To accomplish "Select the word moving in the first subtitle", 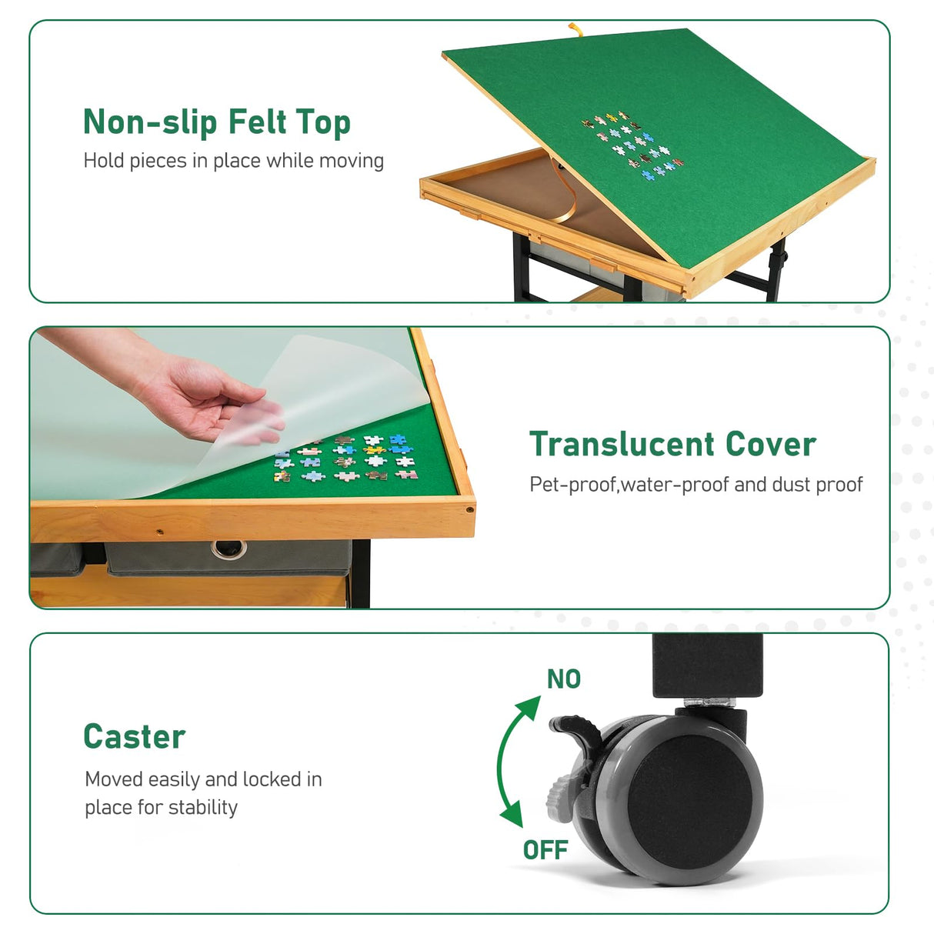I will [352, 161].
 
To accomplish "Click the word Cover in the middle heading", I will [771, 445].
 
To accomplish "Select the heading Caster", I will [134, 736].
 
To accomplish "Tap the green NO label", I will [564, 679].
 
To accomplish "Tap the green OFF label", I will [545, 850].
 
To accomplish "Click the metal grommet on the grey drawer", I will [228, 549].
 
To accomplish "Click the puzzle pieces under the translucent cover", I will [346, 459].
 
